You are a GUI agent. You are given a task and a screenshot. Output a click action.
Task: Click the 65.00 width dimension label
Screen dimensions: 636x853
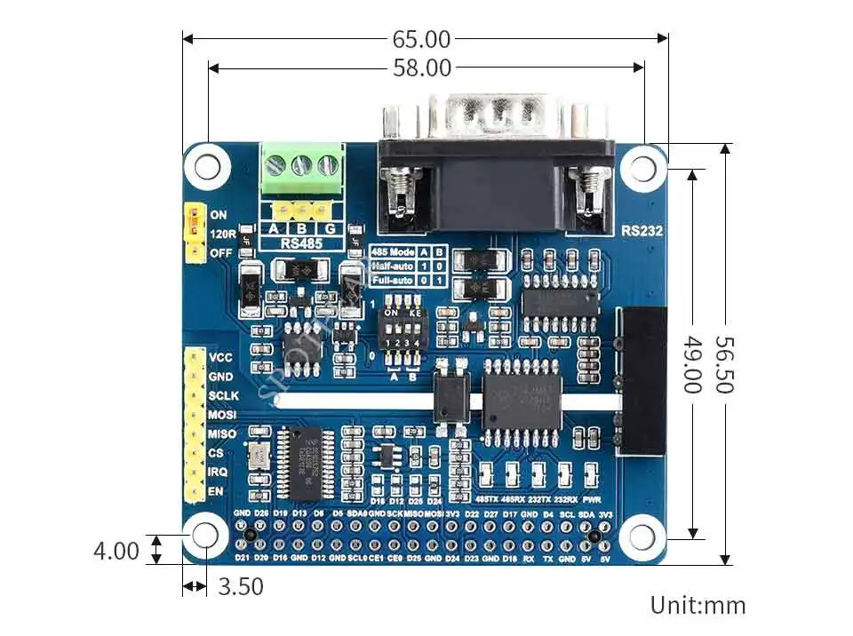coord(422,39)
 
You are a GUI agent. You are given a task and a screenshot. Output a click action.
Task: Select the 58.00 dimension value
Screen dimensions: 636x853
coord(422,67)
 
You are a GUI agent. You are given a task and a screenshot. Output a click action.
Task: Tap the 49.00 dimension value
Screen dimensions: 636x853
coord(692,364)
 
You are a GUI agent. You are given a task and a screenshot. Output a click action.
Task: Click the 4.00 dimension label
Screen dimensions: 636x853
coord(116,551)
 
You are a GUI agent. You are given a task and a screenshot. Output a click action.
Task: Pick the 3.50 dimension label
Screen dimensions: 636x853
coord(240,587)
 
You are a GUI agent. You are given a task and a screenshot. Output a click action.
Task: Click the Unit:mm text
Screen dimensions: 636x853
coord(698,606)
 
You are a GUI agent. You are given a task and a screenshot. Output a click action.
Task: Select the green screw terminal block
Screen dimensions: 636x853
coord(303,170)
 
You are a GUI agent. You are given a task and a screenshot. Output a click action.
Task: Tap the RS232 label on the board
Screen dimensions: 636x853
coord(641,231)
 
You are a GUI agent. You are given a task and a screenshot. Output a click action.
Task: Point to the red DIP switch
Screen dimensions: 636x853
coord(404,334)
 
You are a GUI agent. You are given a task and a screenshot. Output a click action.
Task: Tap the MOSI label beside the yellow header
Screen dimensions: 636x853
coord(222,415)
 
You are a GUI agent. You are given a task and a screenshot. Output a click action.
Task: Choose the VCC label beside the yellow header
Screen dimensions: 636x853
coord(220,357)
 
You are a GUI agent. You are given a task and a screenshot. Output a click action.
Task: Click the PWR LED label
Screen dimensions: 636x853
coord(594,499)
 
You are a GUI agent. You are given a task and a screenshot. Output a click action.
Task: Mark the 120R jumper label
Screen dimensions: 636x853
coord(222,235)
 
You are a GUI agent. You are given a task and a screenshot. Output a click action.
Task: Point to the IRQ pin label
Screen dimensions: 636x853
coord(219,473)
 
